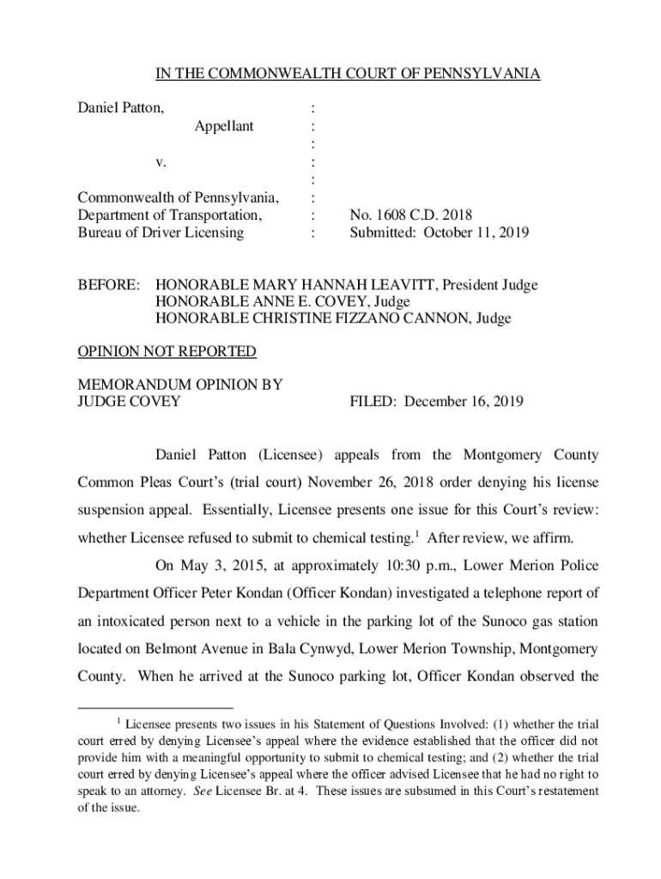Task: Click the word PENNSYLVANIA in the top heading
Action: tap(488, 74)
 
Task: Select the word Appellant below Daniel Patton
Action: tap(223, 126)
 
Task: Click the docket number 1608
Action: tap(387, 215)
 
